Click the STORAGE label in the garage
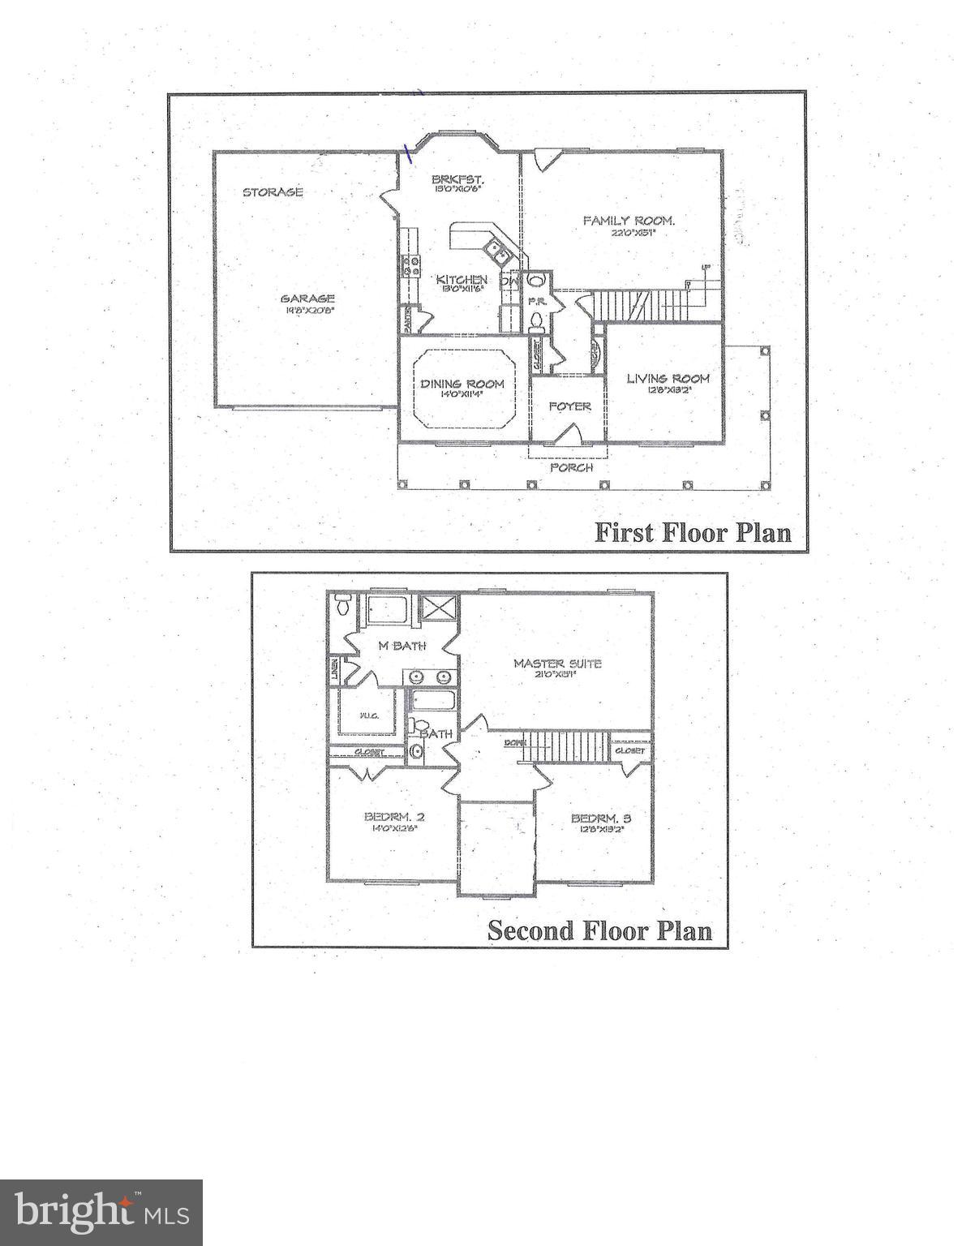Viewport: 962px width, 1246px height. click(273, 192)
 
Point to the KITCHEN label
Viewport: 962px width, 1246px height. click(462, 280)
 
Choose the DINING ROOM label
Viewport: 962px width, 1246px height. click(462, 384)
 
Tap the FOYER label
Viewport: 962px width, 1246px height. click(569, 406)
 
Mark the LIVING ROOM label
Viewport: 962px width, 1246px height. click(668, 378)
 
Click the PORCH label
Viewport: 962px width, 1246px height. click(571, 467)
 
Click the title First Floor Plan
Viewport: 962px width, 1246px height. click(693, 532)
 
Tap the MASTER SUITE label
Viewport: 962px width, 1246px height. click(557, 664)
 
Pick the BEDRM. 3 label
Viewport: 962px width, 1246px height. click(601, 818)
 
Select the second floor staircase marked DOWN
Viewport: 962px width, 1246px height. click(565, 745)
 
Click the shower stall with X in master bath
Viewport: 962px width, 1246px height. click(439, 608)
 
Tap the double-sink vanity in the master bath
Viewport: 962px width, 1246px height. click(429, 677)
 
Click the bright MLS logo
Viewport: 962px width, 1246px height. click(101, 1213)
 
